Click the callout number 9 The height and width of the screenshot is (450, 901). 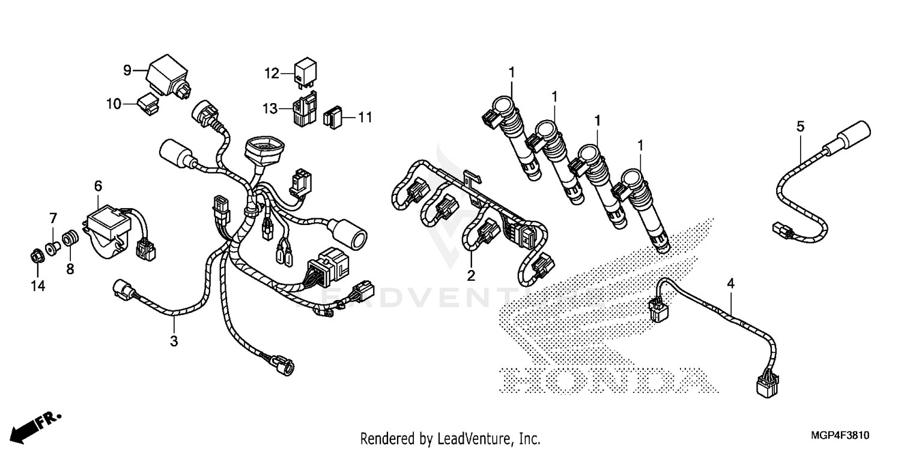pos(127,70)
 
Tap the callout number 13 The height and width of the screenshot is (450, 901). pos(270,109)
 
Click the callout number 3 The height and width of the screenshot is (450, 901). pos(174,341)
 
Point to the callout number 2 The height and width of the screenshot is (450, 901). pos(471,275)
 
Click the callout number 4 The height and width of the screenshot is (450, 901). pos(730,283)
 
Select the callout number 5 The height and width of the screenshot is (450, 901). pos(799,127)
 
